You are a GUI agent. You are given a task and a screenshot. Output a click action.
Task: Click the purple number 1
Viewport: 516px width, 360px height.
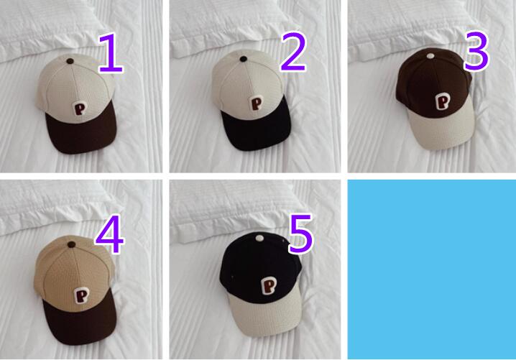111,52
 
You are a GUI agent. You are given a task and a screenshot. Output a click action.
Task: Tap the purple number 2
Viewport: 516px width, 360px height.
293,52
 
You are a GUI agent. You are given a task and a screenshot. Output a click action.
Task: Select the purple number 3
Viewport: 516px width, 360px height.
476,51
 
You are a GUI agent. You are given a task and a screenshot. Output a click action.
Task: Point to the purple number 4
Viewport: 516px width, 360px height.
110,234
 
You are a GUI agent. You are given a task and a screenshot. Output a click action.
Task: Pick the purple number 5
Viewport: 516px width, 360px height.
300,234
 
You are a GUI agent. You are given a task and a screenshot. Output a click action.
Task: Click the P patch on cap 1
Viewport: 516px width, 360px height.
79,109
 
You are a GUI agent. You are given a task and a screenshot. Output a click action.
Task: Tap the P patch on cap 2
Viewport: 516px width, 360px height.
257,103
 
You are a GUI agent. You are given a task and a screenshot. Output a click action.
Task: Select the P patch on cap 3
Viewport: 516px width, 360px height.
442,101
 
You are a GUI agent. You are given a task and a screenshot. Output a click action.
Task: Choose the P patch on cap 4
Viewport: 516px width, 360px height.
81,295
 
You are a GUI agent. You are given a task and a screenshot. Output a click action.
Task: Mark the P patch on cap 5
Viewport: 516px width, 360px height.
269,286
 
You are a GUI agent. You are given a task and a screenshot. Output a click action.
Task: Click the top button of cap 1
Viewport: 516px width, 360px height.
70,61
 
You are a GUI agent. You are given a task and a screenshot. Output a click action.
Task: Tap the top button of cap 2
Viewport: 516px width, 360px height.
243,59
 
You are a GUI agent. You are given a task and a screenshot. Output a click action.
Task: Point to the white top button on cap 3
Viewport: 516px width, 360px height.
430,55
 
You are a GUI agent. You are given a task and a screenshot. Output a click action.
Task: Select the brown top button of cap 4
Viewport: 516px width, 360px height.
72,244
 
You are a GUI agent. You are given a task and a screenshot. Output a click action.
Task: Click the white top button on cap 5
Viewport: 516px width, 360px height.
259,238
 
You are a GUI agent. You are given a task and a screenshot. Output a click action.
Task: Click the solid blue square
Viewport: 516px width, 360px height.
432,269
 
